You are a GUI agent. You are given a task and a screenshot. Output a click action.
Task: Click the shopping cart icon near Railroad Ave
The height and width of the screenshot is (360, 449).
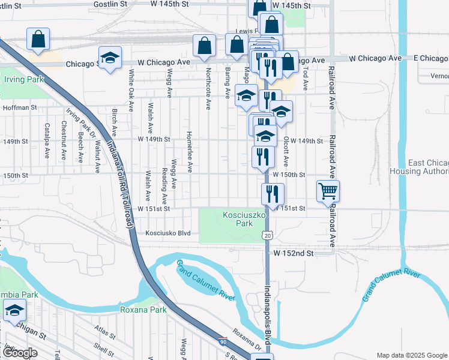328,191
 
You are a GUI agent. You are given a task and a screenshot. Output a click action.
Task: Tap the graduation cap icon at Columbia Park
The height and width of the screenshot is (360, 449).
14,310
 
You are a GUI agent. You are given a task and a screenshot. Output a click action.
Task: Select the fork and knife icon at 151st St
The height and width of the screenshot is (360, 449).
273,194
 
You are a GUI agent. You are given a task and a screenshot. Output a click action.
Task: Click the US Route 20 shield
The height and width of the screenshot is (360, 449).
267,235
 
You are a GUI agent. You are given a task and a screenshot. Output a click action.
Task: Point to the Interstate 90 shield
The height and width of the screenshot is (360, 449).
224,340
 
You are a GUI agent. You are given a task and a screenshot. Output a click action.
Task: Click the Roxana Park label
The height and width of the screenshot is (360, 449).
143,310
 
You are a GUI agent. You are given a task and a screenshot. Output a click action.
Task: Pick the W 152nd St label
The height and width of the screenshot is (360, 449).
294,254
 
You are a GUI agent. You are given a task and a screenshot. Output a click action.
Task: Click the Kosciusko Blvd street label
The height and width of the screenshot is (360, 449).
167,233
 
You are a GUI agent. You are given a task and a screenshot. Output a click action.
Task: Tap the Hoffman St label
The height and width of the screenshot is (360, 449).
20,108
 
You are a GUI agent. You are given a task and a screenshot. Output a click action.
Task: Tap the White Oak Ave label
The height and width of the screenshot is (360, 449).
131,90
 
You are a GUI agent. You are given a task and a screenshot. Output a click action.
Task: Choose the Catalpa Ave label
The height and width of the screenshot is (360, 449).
47,140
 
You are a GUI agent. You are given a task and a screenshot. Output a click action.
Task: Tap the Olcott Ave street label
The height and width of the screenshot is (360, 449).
286,151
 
